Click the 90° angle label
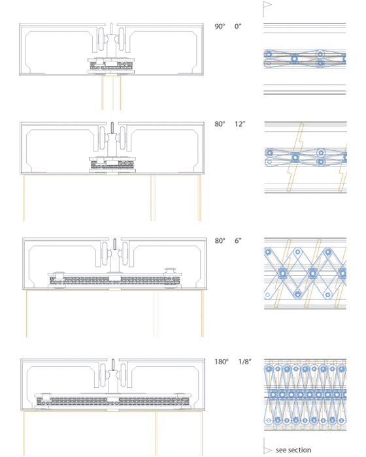(220, 27)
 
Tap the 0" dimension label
(238, 27)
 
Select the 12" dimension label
(240, 124)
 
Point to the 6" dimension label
(238, 241)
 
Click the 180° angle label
(222, 362)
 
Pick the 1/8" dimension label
(245, 362)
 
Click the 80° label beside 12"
(220, 124)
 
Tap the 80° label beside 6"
(220, 241)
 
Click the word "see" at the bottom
(281, 450)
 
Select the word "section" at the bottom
(299, 450)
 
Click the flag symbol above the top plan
(267, 8)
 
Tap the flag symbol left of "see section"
(267, 446)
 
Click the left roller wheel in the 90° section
(101, 40)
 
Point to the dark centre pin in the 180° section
(113, 365)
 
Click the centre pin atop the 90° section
(111, 29)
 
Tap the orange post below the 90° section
(111, 93)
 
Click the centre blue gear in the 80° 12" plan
(295, 157)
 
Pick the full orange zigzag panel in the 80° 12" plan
(295, 157)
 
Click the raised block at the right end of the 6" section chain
(169, 270)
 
